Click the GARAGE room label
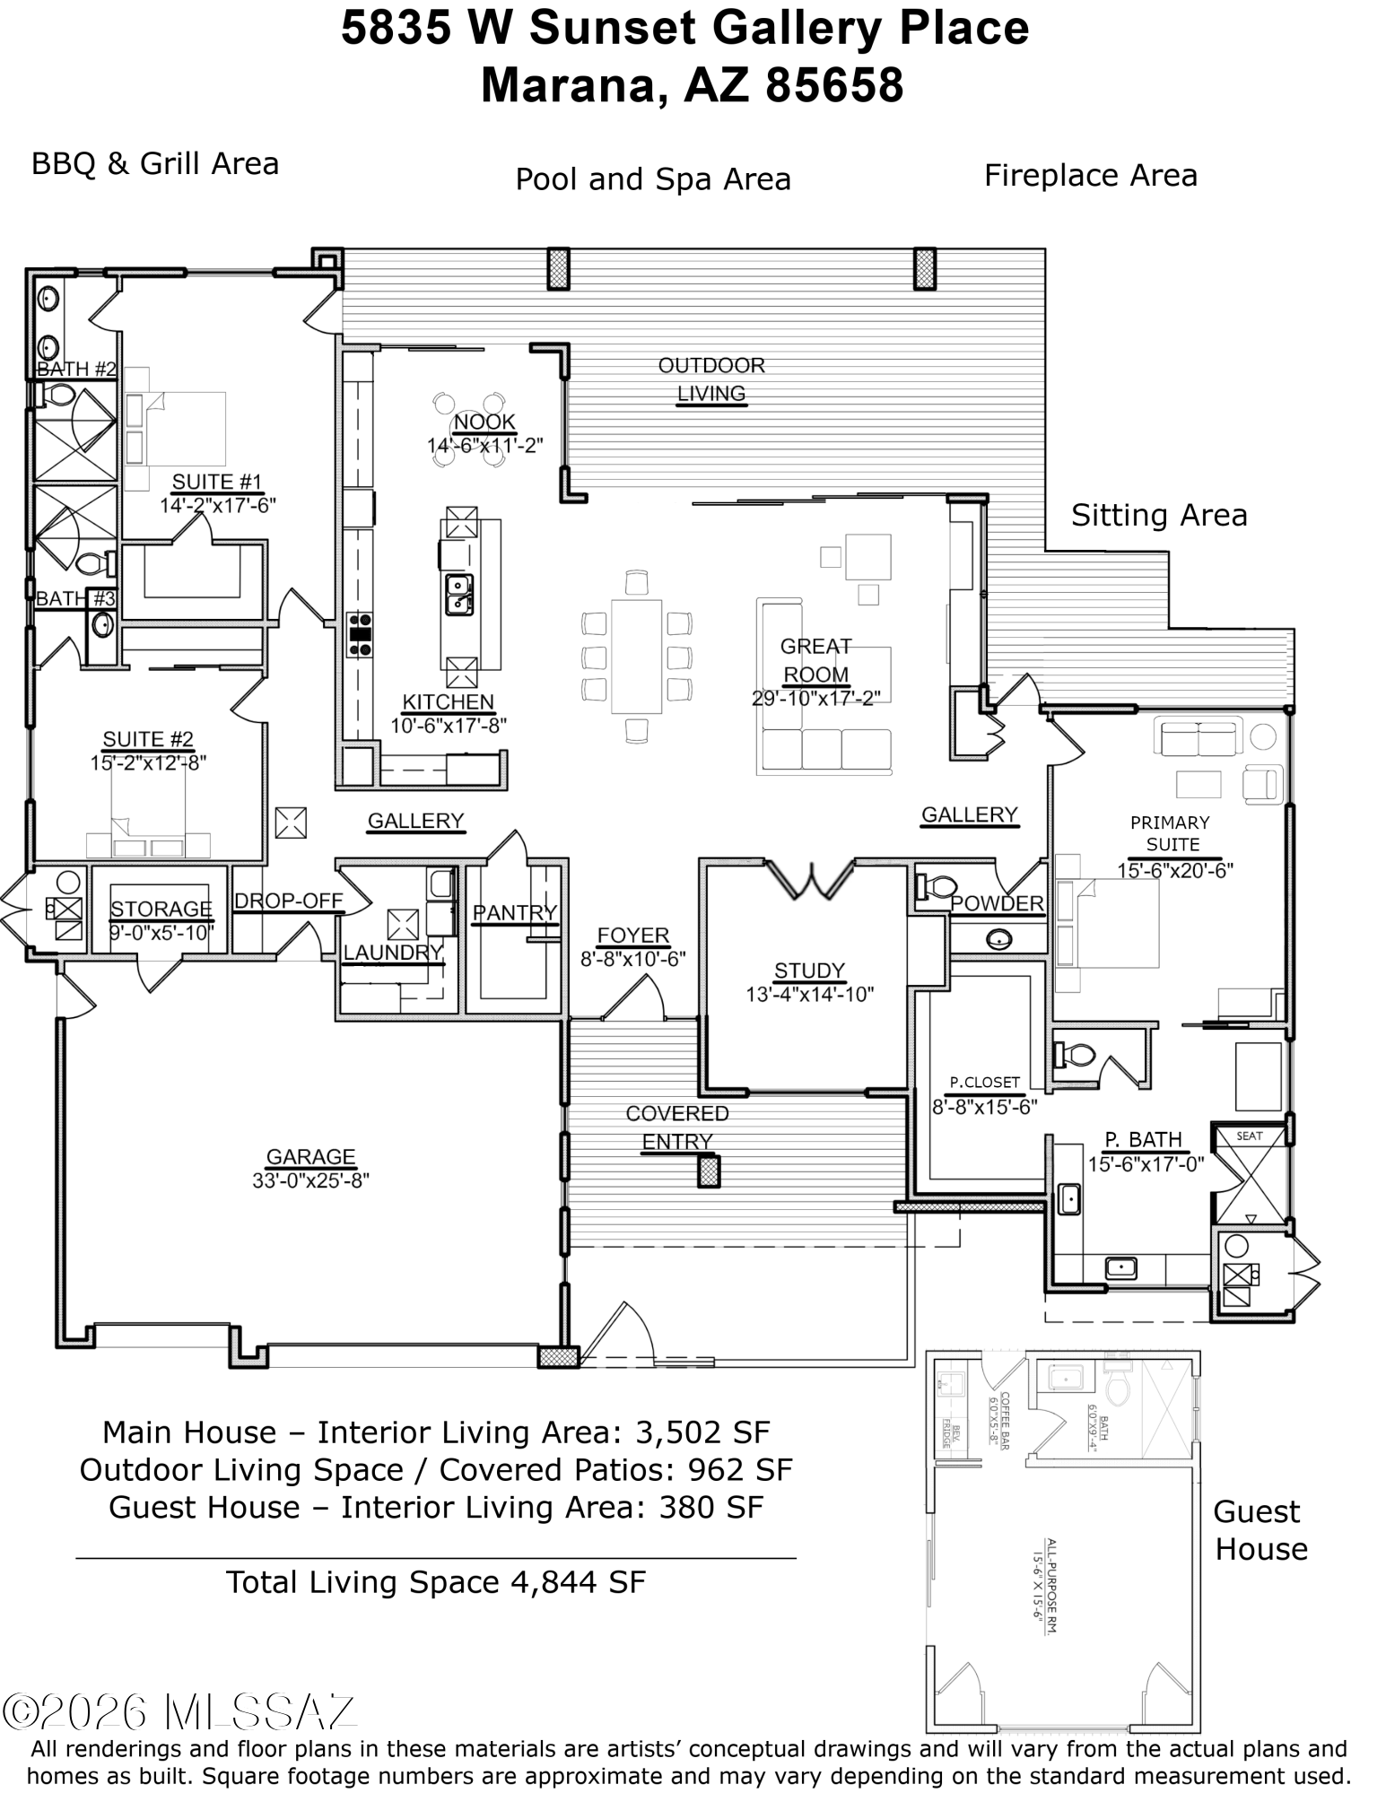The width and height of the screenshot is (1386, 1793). pos(310,1157)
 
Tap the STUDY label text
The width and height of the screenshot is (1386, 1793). pos(809,970)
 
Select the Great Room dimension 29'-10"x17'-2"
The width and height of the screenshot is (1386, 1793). pos(815,697)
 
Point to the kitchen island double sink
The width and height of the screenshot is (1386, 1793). pos(459,594)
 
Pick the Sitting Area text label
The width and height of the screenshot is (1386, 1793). pos(1159,516)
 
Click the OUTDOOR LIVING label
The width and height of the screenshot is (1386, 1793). pos(711,379)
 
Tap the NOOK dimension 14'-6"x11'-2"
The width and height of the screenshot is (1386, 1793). pos(484,445)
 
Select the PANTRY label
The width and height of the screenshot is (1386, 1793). pos(515,912)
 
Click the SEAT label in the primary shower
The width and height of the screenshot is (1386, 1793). pos(1249,1136)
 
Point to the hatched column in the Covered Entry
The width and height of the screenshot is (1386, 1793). pos(710,1171)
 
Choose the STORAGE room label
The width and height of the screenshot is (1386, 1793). pos(161,910)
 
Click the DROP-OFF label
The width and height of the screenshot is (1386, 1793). pos(289,901)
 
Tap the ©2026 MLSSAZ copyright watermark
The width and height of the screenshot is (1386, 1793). pos(182,1712)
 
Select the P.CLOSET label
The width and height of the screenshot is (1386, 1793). pos(984,1082)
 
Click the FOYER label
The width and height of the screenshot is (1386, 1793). pos(632,935)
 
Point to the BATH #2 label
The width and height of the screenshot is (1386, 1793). pos(76,369)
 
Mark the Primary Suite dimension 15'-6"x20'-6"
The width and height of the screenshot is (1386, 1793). pos(1175,869)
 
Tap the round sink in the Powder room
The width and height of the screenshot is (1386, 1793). pos(998,939)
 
